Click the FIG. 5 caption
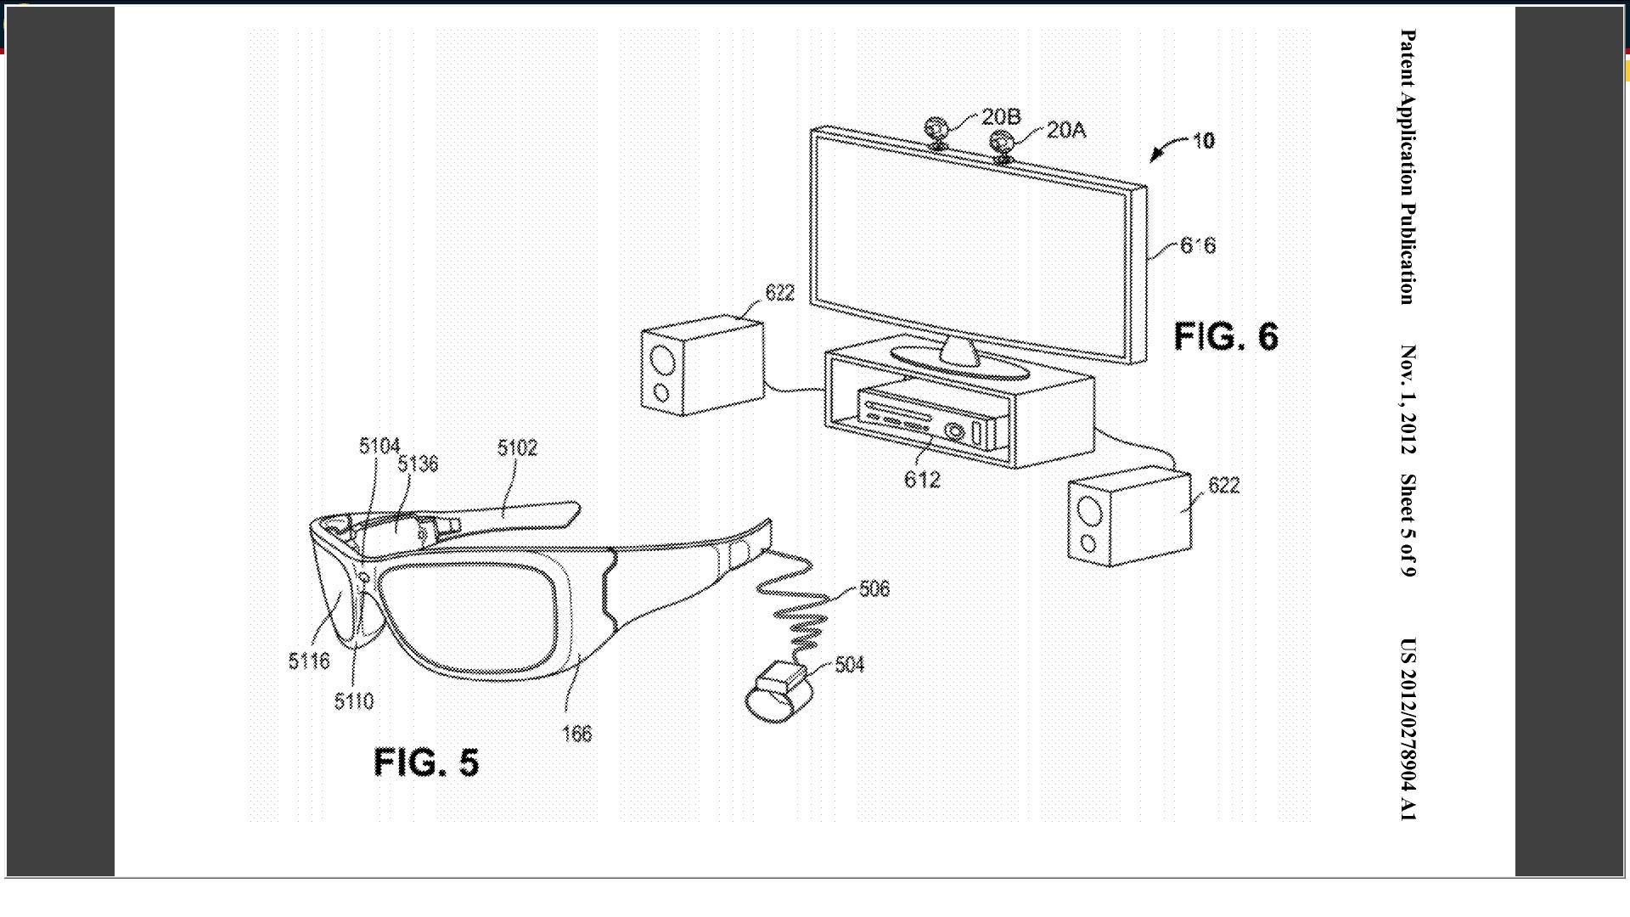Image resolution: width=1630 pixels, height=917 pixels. click(x=426, y=762)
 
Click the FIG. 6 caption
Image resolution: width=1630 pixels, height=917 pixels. click(x=1225, y=337)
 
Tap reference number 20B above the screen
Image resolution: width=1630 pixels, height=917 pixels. click(x=1001, y=116)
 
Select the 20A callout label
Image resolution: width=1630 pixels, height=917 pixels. click(x=1065, y=130)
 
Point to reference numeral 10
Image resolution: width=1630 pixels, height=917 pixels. click(x=1203, y=141)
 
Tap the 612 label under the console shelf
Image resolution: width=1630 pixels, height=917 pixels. click(x=922, y=480)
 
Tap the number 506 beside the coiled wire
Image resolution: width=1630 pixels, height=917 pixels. click(x=874, y=588)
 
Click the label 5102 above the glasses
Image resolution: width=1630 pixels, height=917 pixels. click(x=517, y=447)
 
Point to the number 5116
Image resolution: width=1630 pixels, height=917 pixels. click(x=308, y=661)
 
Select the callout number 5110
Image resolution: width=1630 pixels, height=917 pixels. click(x=353, y=701)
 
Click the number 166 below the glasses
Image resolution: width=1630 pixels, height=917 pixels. click(x=576, y=734)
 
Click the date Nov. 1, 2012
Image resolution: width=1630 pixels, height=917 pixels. click(x=1408, y=400)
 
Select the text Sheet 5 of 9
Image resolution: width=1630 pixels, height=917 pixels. click(x=1408, y=525)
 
